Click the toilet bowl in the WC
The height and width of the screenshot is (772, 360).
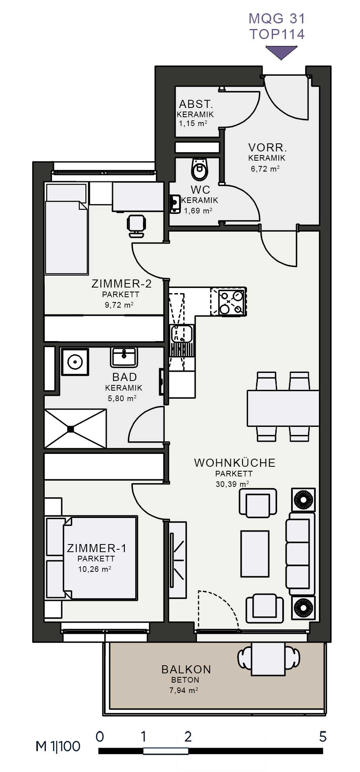click(x=199, y=170)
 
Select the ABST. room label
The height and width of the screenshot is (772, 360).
click(x=196, y=104)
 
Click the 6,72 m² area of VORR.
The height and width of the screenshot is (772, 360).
click(x=265, y=169)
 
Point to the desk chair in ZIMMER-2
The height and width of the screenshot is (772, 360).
click(x=136, y=226)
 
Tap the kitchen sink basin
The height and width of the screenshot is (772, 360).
click(x=182, y=334)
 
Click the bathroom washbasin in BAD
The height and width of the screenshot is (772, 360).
click(x=124, y=357)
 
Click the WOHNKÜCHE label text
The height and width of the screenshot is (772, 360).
click(x=235, y=463)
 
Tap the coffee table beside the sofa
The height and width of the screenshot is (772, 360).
click(x=254, y=553)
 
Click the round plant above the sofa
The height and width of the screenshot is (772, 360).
click(x=303, y=500)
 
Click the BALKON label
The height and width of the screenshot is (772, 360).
click(x=186, y=669)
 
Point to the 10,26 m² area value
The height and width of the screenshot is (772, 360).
click(x=95, y=569)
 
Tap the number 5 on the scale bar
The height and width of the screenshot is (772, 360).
click(x=323, y=737)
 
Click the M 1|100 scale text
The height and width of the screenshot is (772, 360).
click(x=58, y=746)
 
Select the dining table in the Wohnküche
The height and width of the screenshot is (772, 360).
click(x=283, y=408)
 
